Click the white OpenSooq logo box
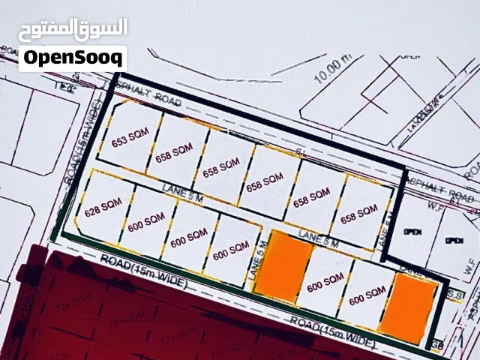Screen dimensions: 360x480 click(x=72, y=57)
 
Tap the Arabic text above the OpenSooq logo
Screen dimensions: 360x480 click(x=72, y=28)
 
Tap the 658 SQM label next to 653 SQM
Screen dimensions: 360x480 click(x=175, y=152)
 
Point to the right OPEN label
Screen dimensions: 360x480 click(x=453, y=241)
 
